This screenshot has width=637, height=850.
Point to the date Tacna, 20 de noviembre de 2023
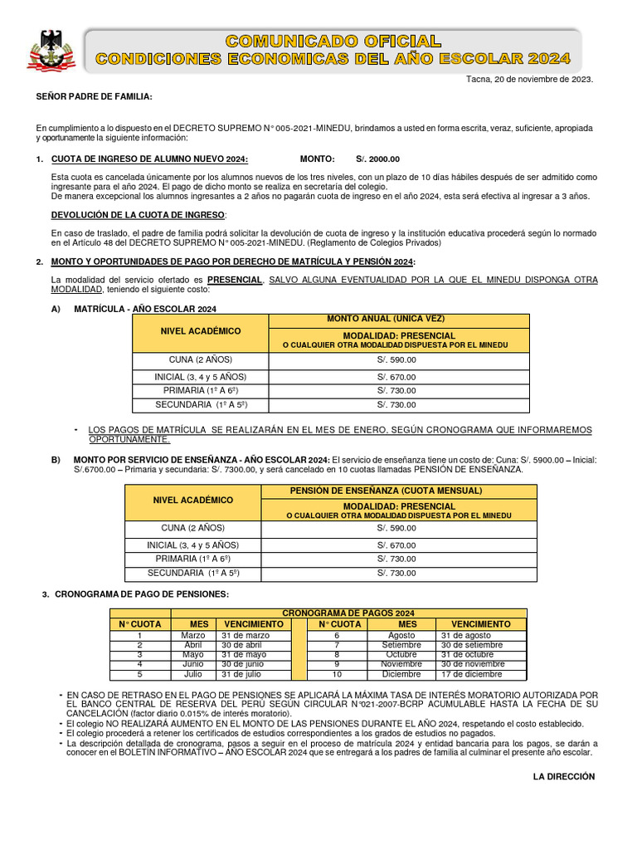pyautogui.click(x=532, y=80)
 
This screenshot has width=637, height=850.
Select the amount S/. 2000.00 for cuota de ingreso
pyautogui.click(x=377, y=159)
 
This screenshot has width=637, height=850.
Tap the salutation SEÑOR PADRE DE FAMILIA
pyautogui.click(x=94, y=97)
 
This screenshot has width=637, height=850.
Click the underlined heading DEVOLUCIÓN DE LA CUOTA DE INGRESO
pyautogui.click(x=138, y=215)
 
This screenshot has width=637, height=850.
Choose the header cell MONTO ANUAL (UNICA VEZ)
pyautogui.click(x=397, y=320)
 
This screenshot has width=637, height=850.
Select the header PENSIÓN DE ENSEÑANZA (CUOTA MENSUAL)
pyautogui.click(x=397, y=491)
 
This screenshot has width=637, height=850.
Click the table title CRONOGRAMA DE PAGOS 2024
pyautogui.click(x=348, y=613)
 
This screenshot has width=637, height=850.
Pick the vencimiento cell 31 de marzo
pyautogui.click(x=246, y=635)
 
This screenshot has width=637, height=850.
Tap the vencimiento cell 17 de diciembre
pyautogui.click(x=472, y=674)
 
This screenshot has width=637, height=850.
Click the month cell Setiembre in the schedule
pyautogui.click(x=401, y=645)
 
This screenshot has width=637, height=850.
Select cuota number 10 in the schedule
pyautogui.click(x=337, y=674)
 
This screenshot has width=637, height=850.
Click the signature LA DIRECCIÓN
pyautogui.click(x=563, y=776)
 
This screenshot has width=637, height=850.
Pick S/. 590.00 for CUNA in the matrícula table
pyautogui.click(x=396, y=360)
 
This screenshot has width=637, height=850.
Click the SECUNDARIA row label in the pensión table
pyautogui.click(x=193, y=573)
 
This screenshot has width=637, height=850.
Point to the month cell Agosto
pyautogui.click(x=401, y=635)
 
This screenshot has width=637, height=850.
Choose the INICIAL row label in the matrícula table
pyautogui.click(x=200, y=377)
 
